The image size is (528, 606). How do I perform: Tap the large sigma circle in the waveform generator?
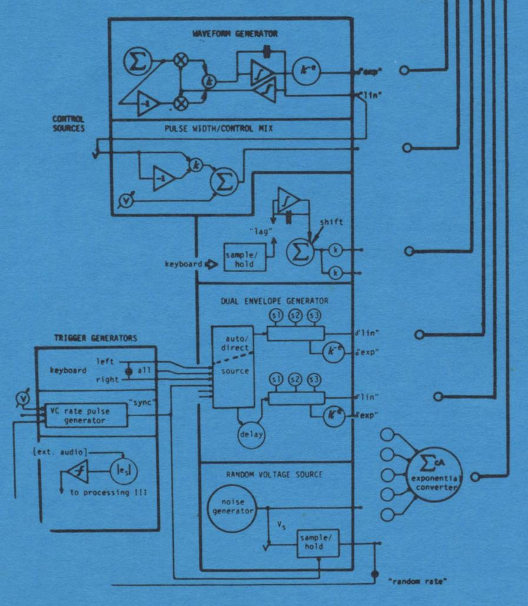coord(138,61)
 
